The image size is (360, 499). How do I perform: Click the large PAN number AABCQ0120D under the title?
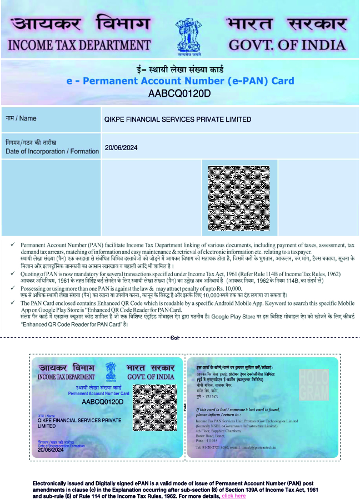[179, 93]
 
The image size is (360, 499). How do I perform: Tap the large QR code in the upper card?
[239, 198]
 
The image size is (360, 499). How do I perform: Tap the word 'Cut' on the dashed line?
[174, 337]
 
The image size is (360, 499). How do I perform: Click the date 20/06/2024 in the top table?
[121, 147]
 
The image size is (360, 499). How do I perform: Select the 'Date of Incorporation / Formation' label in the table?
[52, 151]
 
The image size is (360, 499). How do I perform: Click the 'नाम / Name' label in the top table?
[21, 118]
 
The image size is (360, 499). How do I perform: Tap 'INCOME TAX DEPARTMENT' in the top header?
[79, 44]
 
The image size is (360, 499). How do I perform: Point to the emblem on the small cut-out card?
[111, 370]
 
